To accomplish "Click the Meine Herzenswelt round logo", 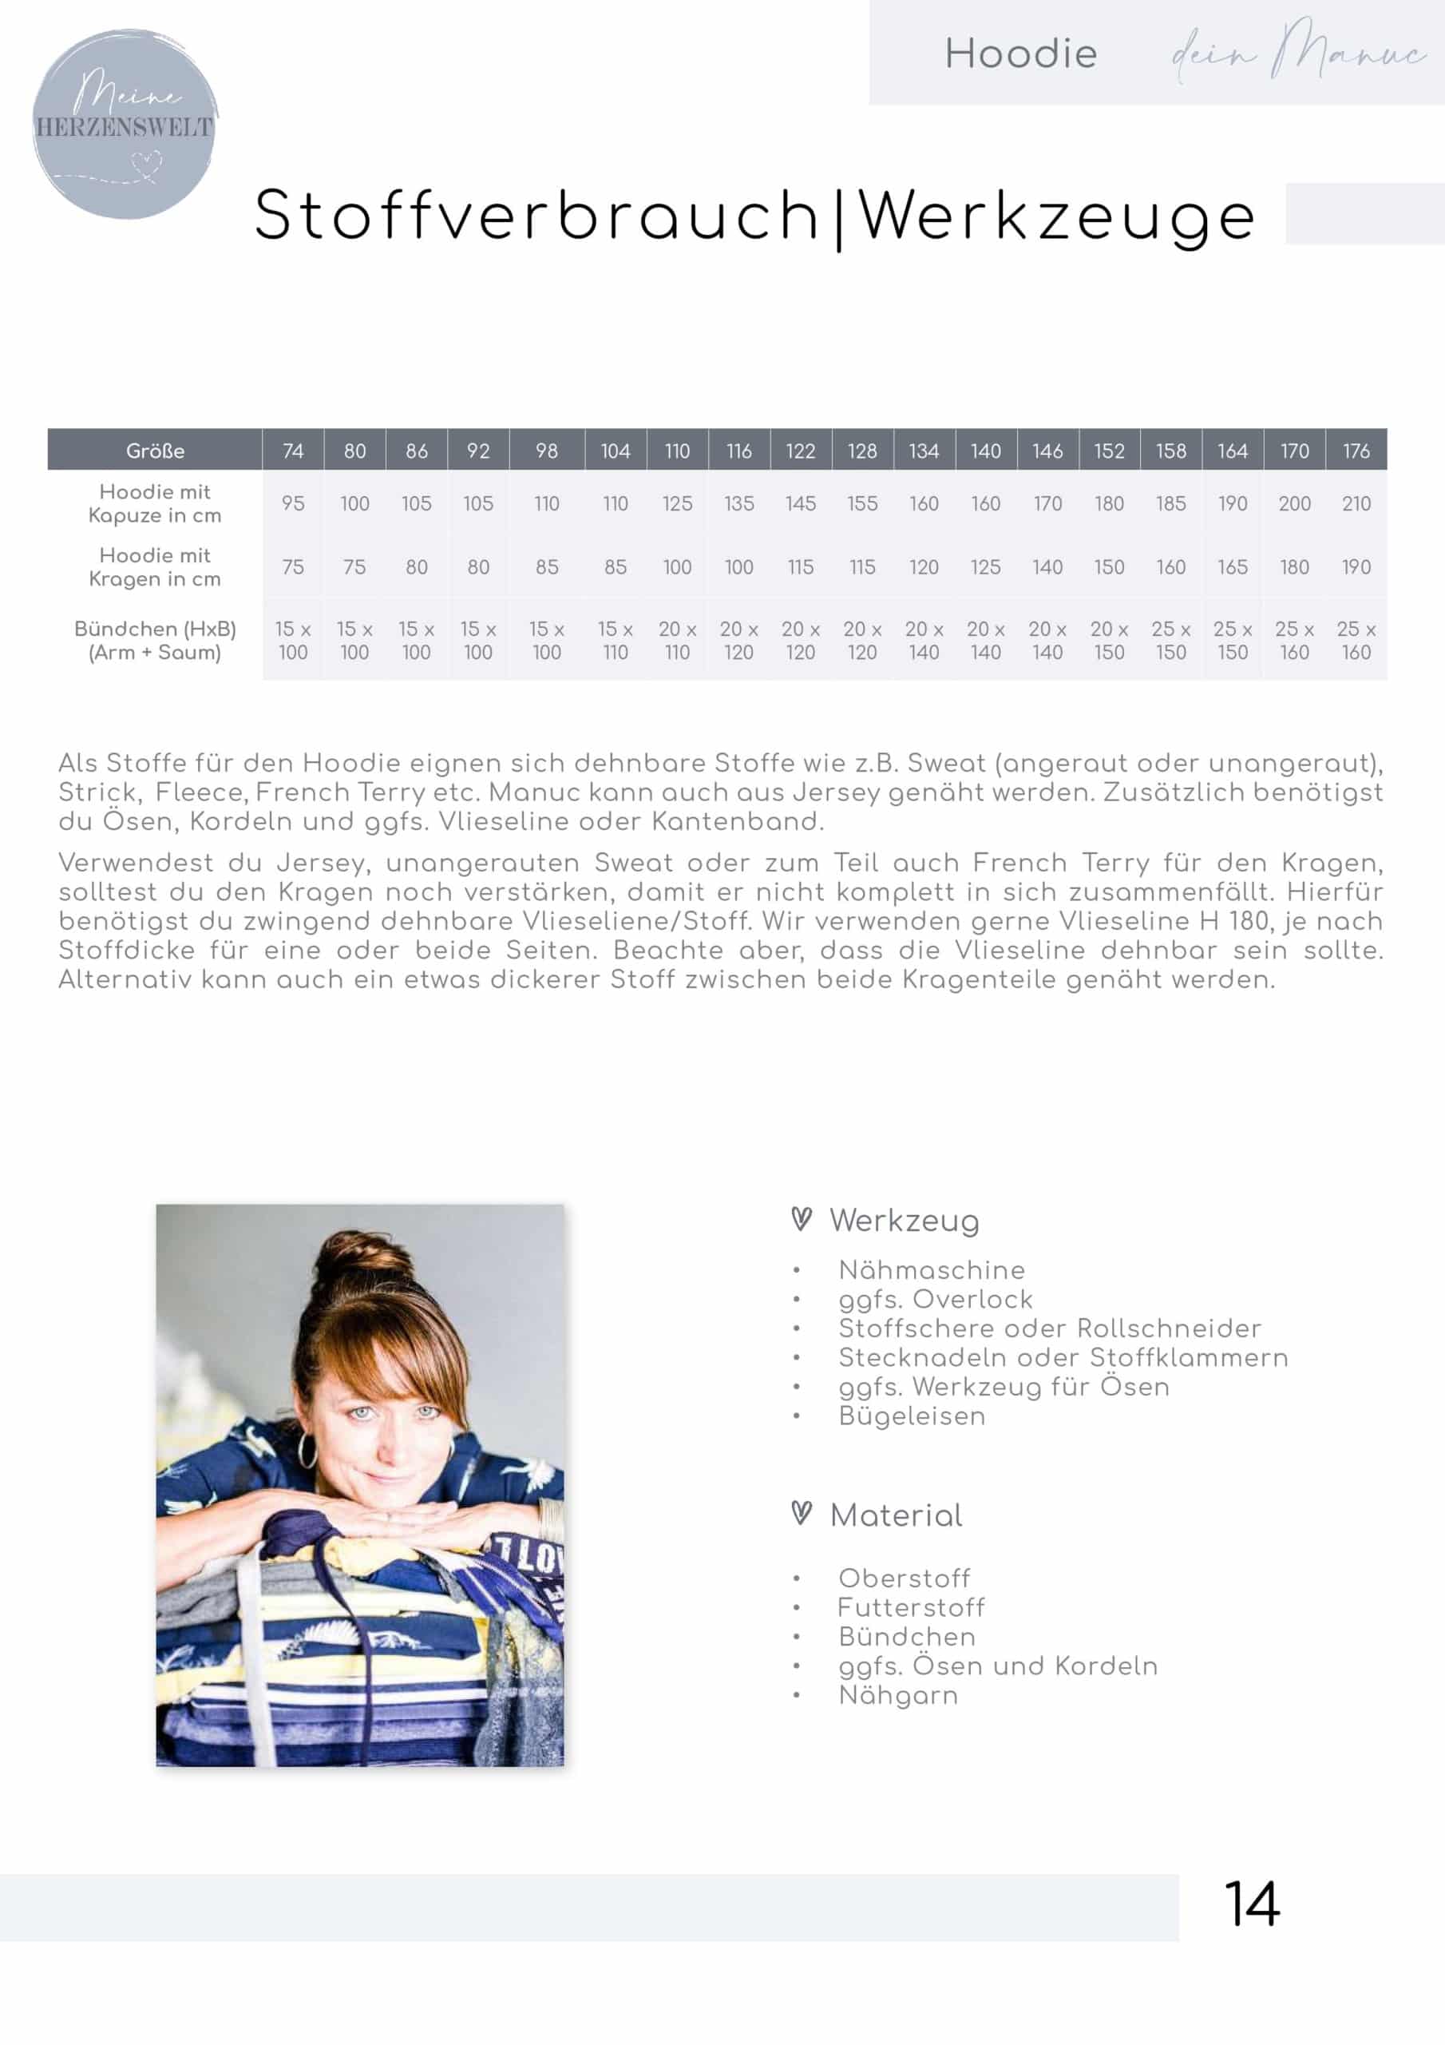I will [125, 124].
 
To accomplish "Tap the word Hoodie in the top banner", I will [1020, 54].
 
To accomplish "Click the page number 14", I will [1251, 1904].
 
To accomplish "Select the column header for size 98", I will [547, 451].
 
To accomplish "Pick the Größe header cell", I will [155, 451].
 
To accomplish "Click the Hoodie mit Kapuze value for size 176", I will [1356, 503].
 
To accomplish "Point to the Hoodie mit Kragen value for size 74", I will [293, 566].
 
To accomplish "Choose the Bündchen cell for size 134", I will [923, 641].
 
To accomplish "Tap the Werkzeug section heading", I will [904, 1221].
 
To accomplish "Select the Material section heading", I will [896, 1515].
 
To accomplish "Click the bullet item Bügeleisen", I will [912, 1416].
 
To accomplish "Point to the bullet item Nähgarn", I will [898, 1695].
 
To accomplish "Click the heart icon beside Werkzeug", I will [802, 1218].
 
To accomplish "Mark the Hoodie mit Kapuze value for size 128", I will [862, 503].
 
